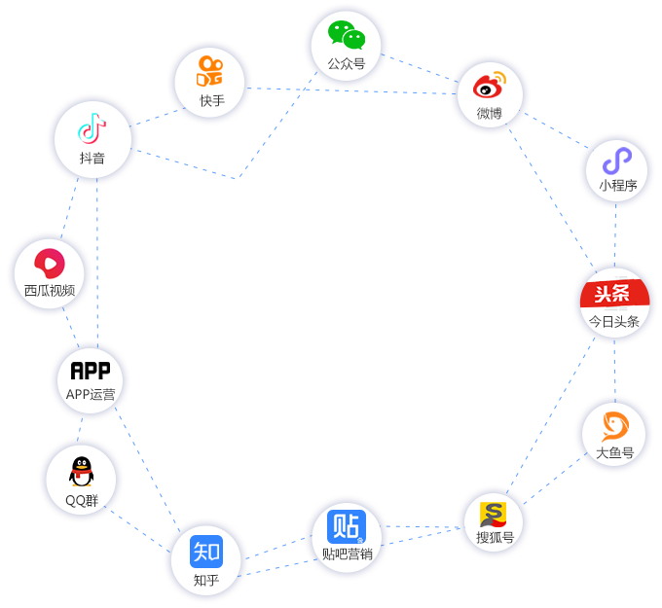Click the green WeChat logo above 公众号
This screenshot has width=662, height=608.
pyautogui.click(x=346, y=35)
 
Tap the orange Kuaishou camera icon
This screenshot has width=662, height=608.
pyautogui.click(x=210, y=71)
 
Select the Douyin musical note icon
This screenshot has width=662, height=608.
pyautogui.click(x=92, y=127)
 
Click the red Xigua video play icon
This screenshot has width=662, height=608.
pyautogui.click(x=49, y=263)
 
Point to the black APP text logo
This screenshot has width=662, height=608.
pyautogui.click(x=91, y=371)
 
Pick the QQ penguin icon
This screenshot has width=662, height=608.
pyautogui.click(x=81, y=473)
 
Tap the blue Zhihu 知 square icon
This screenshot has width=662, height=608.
pyautogui.click(x=206, y=552)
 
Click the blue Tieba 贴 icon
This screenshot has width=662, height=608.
pyautogui.click(x=346, y=526)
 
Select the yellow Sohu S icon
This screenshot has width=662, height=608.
pyautogui.click(x=494, y=514)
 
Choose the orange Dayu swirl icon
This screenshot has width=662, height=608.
pyautogui.click(x=614, y=426)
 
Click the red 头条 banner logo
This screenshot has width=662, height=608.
pyautogui.click(x=614, y=295)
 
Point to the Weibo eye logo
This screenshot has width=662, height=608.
pyautogui.click(x=490, y=87)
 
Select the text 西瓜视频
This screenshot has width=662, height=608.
pyautogui.click(x=50, y=290)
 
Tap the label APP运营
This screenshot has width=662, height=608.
pyautogui.click(x=91, y=394)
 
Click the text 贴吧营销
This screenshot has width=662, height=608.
pyautogui.click(x=347, y=554)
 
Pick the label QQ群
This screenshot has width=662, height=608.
pyautogui.click(x=82, y=501)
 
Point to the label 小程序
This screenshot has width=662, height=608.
pyautogui.click(x=617, y=185)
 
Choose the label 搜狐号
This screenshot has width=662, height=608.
pyautogui.click(x=495, y=537)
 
